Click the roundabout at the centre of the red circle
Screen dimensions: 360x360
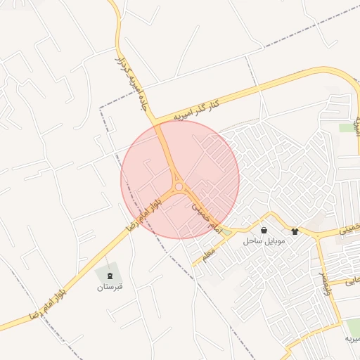point(179,186)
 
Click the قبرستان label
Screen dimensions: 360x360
point(110,287)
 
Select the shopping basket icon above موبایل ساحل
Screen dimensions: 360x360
point(264,230)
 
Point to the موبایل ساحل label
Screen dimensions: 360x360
point(263,241)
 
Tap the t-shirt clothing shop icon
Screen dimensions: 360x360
point(294,230)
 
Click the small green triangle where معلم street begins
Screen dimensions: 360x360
point(227,232)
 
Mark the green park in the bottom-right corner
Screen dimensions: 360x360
point(352,326)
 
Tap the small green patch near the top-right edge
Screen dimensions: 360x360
point(347,128)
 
